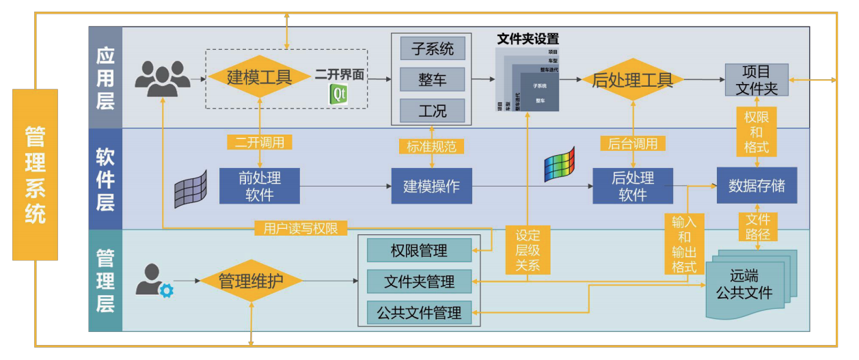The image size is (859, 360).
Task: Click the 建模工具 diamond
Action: pyautogui.click(x=260, y=77)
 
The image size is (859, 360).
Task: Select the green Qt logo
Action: pyautogui.click(x=339, y=94)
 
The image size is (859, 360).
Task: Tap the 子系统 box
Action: pyautogui.click(x=432, y=49)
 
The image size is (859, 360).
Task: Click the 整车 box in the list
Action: pyautogui.click(x=432, y=79)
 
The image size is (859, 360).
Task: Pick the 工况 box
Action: pyautogui.click(x=432, y=110)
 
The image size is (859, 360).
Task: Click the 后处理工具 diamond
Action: pyautogui.click(x=632, y=80)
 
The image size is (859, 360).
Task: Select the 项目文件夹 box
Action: pyautogui.click(x=756, y=80)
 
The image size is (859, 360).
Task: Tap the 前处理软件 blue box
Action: pyautogui.click(x=260, y=186)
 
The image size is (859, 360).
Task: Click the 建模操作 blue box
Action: pyautogui.click(x=432, y=186)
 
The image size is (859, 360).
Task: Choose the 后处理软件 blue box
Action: pyautogui.click(x=632, y=186)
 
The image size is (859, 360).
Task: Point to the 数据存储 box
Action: pyautogui.click(x=756, y=185)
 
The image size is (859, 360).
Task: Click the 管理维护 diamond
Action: pyautogui.click(x=251, y=281)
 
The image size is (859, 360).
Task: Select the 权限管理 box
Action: pyautogui.click(x=419, y=251)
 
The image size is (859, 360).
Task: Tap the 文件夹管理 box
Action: pyautogui.click(x=419, y=281)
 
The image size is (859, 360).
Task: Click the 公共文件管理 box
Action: pyautogui.click(x=419, y=313)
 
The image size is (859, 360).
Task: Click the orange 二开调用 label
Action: pyautogui.click(x=260, y=142)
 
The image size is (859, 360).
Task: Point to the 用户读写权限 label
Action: pyautogui.click(x=301, y=227)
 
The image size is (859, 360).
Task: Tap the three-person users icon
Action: pyautogui.click(x=162, y=77)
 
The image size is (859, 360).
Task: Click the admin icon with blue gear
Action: pyautogui.click(x=154, y=280)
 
